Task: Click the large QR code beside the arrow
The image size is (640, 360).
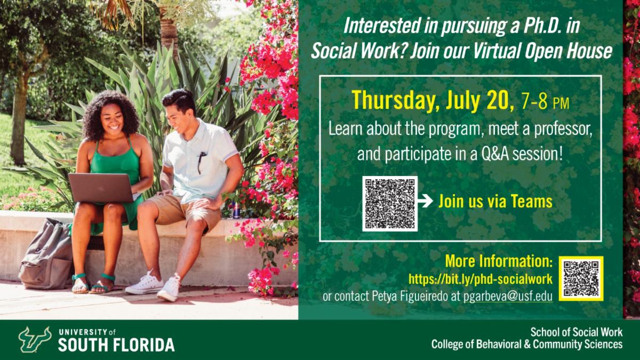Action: pyautogui.click(x=389, y=203)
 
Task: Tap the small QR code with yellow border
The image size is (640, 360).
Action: pyautogui.click(x=581, y=278)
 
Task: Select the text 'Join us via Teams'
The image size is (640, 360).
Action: pyautogui.click(x=495, y=202)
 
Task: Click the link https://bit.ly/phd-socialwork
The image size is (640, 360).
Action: pyautogui.click(x=480, y=279)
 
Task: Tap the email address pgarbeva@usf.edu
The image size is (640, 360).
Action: pyautogui.click(x=506, y=297)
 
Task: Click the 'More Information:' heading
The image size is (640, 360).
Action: pyautogui.click(x=498, y=262)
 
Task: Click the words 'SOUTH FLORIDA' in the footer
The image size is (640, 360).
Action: pyautogui.click(x=116, y=345)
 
